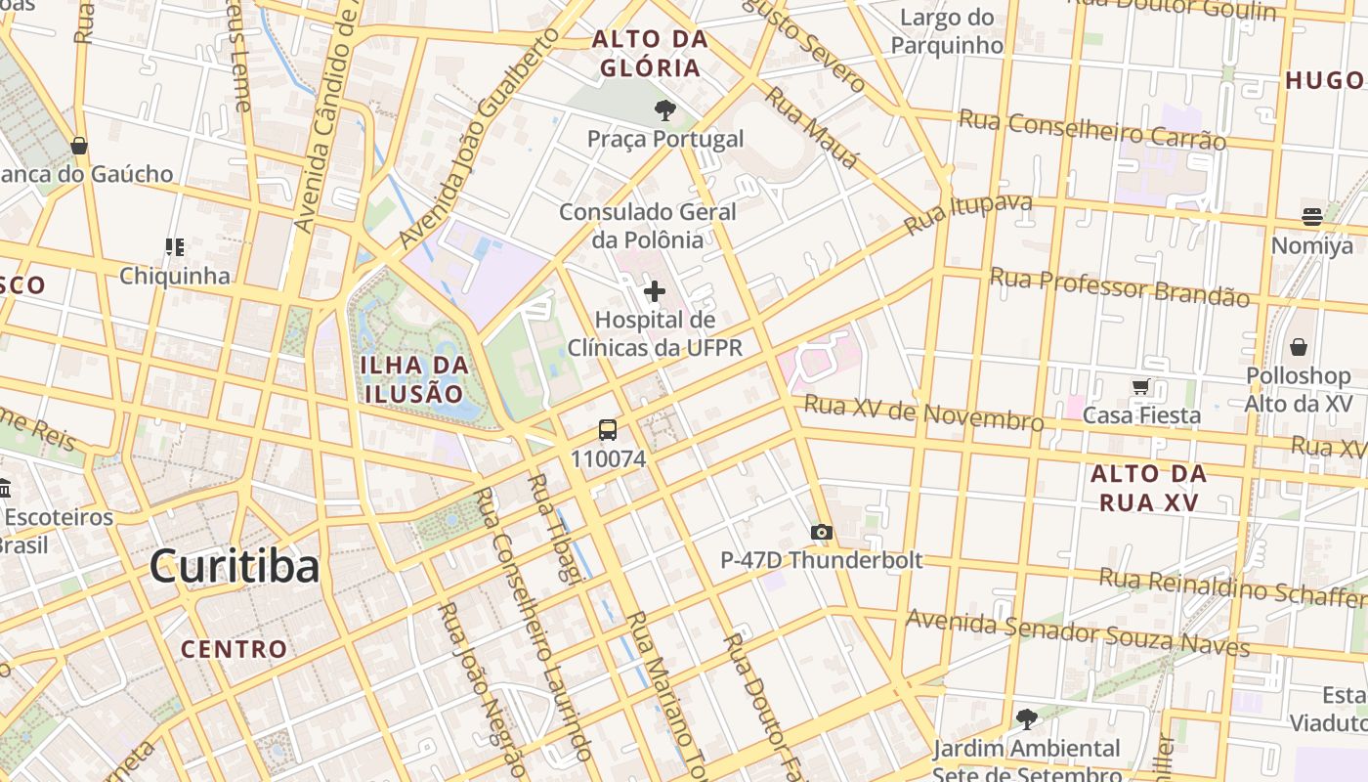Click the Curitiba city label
click(x=235, y=567)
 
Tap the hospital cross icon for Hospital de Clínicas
click(x=655, y=291)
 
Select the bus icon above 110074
click(x=608, y=430)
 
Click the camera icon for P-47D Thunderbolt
click(x=822, y=533)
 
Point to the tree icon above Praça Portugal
click(x=665, y=110)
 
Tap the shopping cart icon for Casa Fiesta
click(x=1140, y=387)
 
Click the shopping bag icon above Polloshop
click(x=1299, y=347)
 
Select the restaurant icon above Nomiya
click(x=1311, y=217)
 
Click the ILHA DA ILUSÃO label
click(x=414, y=379)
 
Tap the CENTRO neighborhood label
click(x=235, y=649)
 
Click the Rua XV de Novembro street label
click(x=923, y=413)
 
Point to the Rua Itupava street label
click(x=968, y=214)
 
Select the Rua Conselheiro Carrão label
click(x=1091, y=130)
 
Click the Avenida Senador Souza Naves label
click(x=1078, y=633)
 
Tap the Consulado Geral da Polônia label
click(x=648, y=226)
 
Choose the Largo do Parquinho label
click(x=947, y=31)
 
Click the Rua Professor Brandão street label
click(x=1120, y=287)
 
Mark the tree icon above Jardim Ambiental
click(x=1026, y=719)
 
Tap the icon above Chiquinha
click(x=175, y=247)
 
